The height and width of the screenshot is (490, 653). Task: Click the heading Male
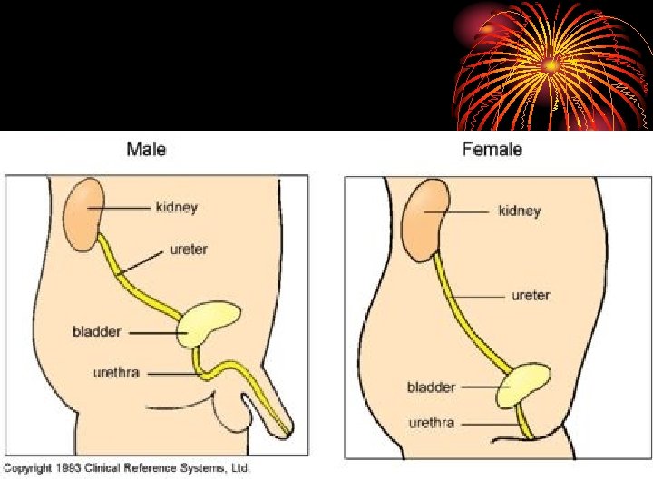pyautogui.click(x=146, y=148)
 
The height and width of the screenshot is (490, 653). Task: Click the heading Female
pyautogui.click(x=492, y=148)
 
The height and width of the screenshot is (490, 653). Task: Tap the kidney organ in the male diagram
pyautogui.click(x=83, y=215)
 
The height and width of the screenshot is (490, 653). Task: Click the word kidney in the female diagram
pyautogui.click(x=519, y=211)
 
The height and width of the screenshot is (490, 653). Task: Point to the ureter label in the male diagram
pyautogui.click(x=188, y=249)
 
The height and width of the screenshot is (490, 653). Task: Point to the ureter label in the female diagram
pyautogui.click(x=531, y=295)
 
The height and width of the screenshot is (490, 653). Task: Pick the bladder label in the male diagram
pyautogui.click(x=97, y=332)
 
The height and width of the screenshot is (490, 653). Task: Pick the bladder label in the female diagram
pyautogui.click(x=431, y=387)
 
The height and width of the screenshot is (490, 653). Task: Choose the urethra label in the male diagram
pyautogui.click(x=116, y=372)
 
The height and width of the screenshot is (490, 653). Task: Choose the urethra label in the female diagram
pyautogui.click(x=431, y=423)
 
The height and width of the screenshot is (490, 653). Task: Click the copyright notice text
pyautogui.click(x=126, y=468)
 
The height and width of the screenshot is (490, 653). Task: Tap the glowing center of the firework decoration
pyautogui.click(x=549, y=65)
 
